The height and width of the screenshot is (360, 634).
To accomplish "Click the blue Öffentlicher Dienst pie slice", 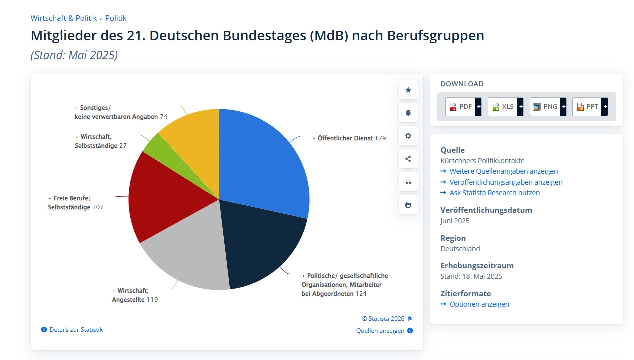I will pyautogui.click(x=263, y=160).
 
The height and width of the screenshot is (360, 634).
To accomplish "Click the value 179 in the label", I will pyautogui.click(x=380, y=138).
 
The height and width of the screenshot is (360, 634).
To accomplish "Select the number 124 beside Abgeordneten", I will pyautogui.click(x=361, y=294).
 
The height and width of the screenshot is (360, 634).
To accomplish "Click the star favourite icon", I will pyautogui.click(x=408, y=90).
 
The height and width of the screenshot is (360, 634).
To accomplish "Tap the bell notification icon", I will pyautogui.click(x=408, y=113).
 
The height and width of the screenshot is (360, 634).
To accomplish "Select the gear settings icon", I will pyautogui.click(x=408, y=136).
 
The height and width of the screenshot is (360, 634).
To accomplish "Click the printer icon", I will pyautogui.click(x=408, y=205).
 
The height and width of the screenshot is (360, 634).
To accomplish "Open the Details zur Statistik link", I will pyautogui.click(x=76, y=330).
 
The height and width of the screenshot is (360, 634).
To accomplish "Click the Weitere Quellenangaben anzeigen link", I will pyautogui.click(x=503, y=171).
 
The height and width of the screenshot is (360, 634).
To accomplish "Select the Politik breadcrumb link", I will pyautogui.click(x=116, y=18).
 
